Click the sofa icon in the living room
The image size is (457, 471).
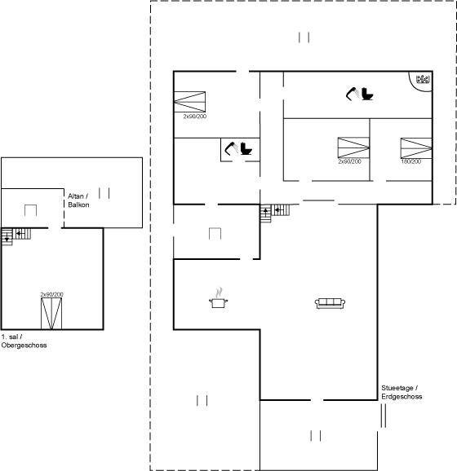click(330, 303)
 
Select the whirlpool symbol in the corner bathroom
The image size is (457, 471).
click(423, 79)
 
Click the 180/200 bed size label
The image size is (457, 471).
click(411, 161)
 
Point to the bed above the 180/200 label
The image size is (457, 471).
click(416, 148)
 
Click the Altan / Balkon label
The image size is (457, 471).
click(78, 200)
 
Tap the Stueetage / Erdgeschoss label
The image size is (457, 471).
click(402, 392)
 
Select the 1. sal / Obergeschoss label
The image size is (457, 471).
click(24, 341)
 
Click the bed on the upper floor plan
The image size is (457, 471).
click(51, 314)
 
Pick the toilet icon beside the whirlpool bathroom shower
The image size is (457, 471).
click(367, 94)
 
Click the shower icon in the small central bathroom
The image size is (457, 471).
click(231, 148)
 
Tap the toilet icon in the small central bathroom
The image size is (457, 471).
click(246, 148)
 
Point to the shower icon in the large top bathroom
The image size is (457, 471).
click(352, 94)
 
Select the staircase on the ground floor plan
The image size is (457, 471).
click(275, 213)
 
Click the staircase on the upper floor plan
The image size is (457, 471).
click(16, 236)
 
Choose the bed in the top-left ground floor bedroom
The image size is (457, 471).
click(190, 102)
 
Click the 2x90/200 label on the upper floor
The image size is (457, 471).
click(52, 294)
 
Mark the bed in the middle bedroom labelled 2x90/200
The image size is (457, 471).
click(353, 147)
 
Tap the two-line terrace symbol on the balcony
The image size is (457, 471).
click(104, 193)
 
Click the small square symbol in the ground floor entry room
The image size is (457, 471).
click(215, 234)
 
